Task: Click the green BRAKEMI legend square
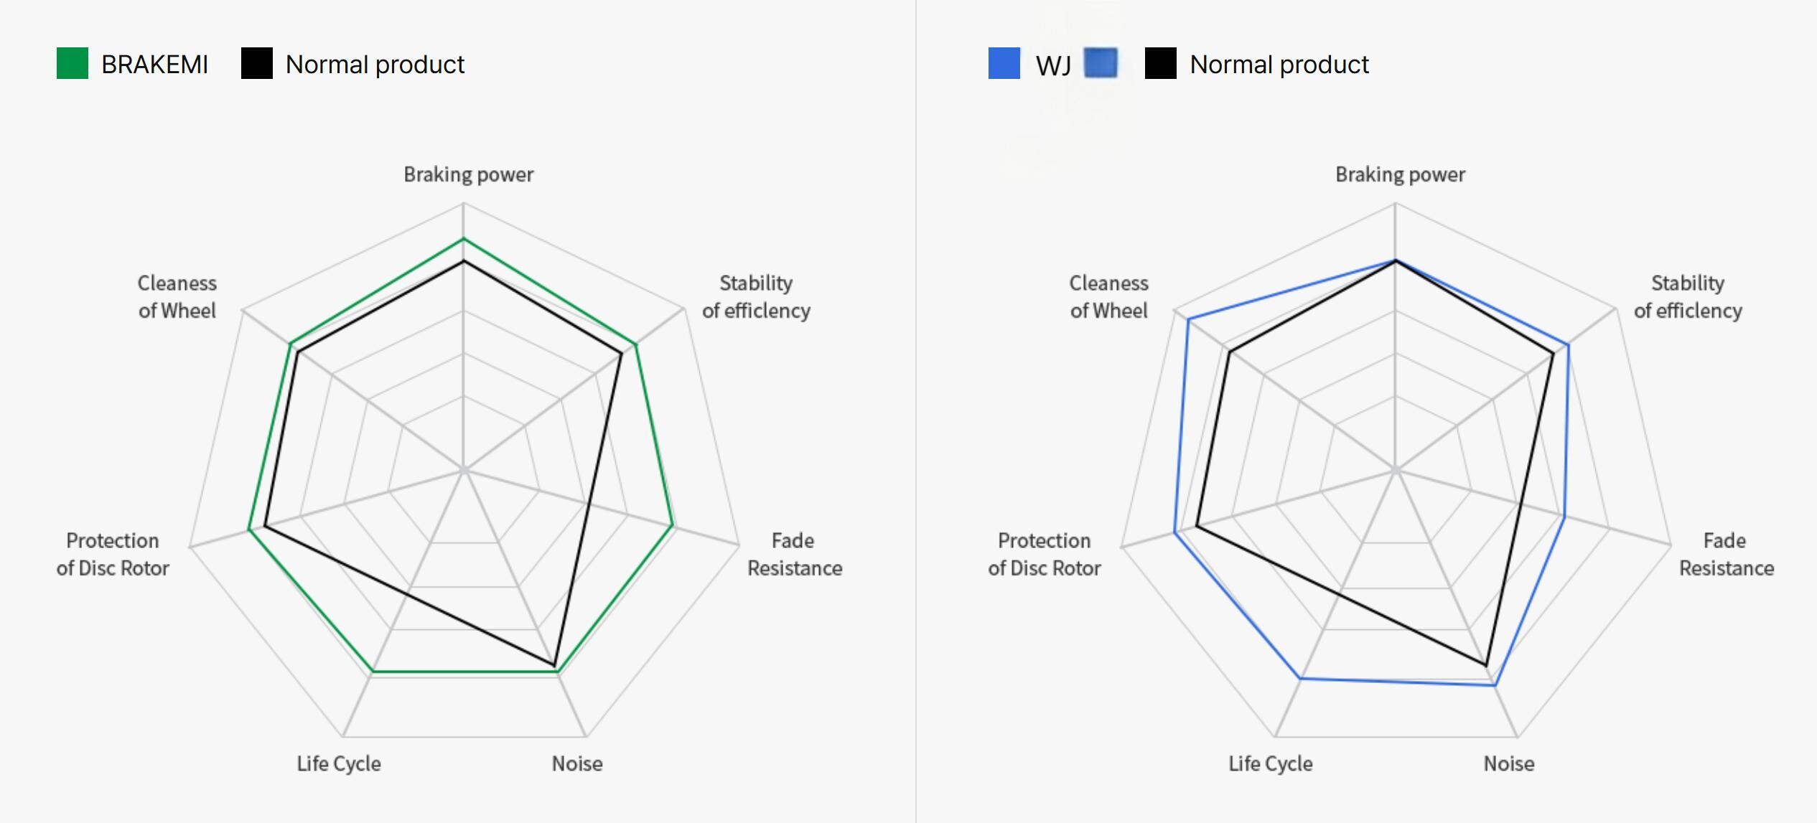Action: pos(73,63)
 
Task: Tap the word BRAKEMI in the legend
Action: pos(154,65)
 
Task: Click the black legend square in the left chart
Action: pos(256,63)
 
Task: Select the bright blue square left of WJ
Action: pos(1004,63)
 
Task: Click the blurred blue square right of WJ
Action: pos(1101,63)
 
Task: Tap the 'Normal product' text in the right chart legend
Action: pos(1279,65)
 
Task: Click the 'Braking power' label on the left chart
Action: pos(468,174)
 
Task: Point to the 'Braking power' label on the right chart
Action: pos(1400,174)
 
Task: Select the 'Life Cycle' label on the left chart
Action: pos(339,763)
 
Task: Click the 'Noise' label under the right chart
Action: pos(1509,763)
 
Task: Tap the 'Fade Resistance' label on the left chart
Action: pos(794,554)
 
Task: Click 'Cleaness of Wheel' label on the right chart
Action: pos(1108,296)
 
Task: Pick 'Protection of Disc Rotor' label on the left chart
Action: pos(113,554)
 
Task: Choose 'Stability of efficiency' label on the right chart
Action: pos(1688,296)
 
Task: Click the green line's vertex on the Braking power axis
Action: pos(464,238)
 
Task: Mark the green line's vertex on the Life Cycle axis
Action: pos(373,672)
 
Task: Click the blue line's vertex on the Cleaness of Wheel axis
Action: pos(1188,319)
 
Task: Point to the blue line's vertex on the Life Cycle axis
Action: pos(1301,678)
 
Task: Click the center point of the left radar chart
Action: pos(464,471)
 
